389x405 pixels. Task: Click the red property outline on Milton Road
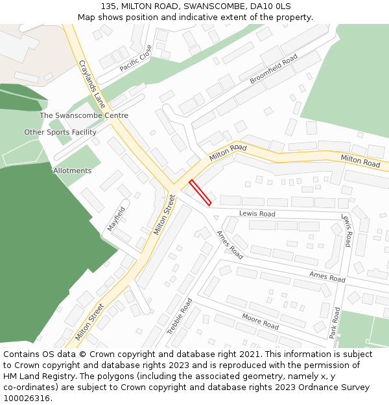[x=200, y=192]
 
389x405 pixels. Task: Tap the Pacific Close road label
[x=136, y=58]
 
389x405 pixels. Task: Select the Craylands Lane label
[x=91, y=84]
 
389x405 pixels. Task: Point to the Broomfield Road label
[x=274, y=69]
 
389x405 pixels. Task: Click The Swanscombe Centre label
[x=84, y=115]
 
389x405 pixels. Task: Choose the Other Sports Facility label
[x=60, y=132]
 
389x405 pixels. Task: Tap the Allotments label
[x=73, y=170]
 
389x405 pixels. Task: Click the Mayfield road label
[x=116, y=219]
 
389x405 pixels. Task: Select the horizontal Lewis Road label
[x=257, y=214]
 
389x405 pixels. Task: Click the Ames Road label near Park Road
[x=327, y=277]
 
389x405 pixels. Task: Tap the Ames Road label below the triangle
[x=230, y=245]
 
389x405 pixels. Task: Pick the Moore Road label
[x=260, y=321]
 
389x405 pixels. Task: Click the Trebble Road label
[x=180, y=316]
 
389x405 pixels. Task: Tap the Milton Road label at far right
[x=360, y=161]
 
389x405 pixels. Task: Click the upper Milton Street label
[x=165, y=214]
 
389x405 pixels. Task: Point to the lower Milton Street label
[x=89, y=321]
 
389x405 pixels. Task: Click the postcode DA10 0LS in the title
[x=267, y=6]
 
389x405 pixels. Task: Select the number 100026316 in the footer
[x=27, y=398]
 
